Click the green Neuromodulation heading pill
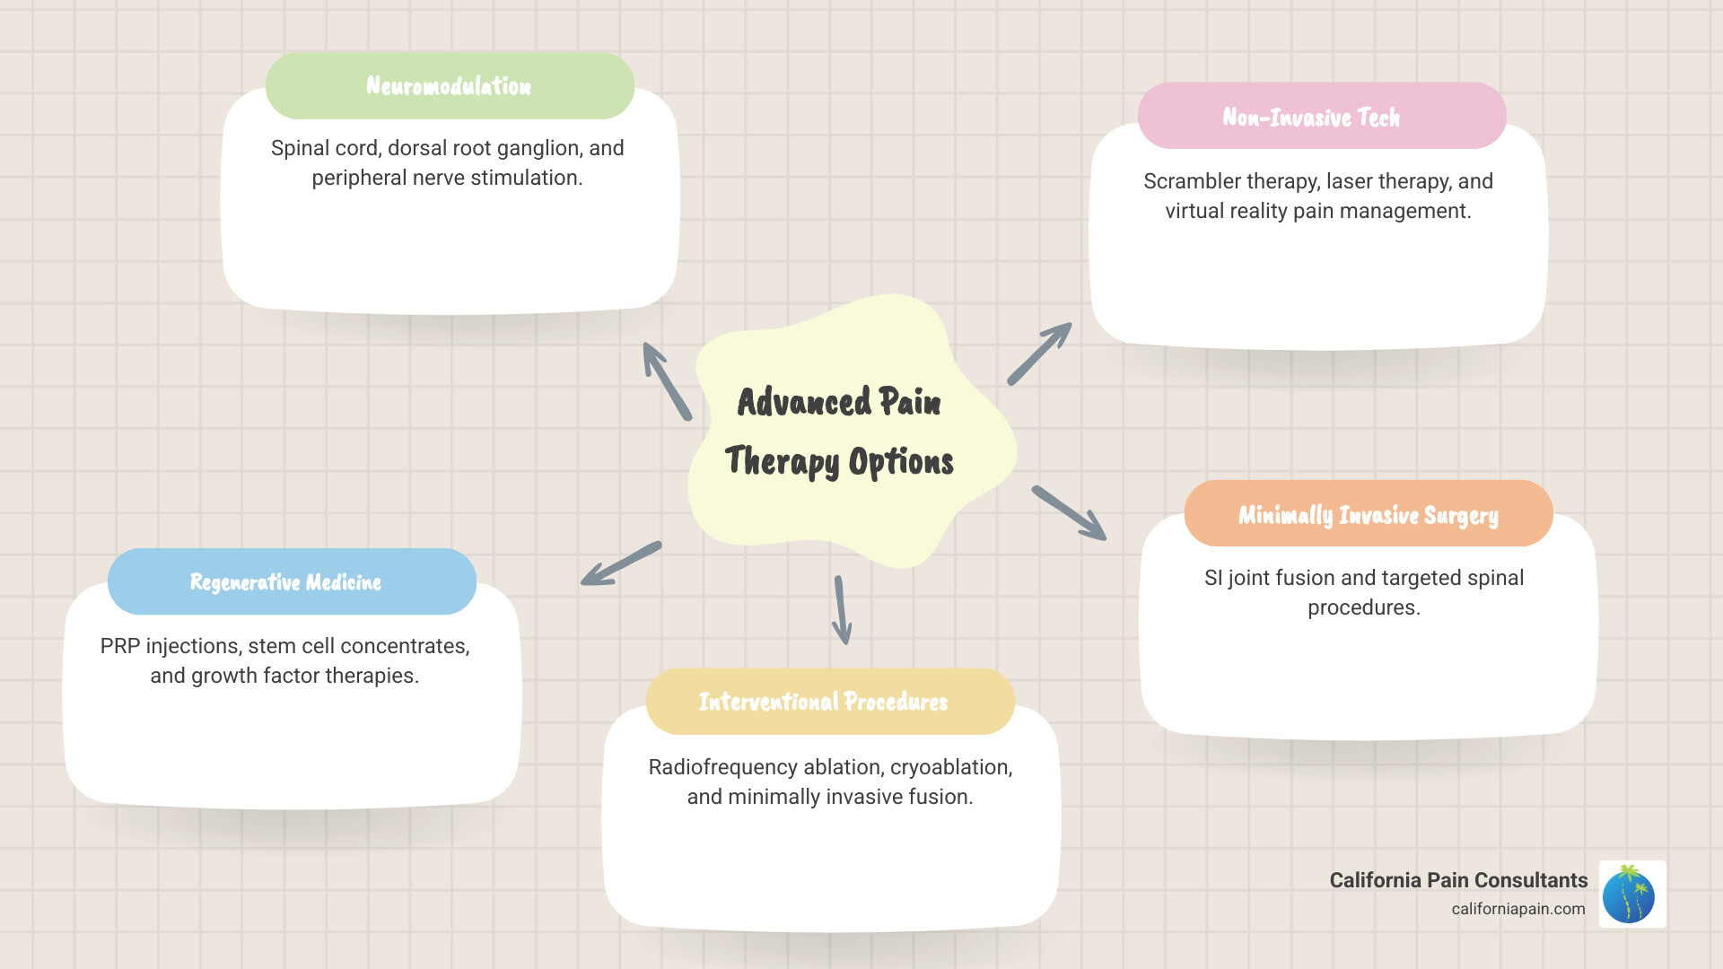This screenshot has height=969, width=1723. point(450,86)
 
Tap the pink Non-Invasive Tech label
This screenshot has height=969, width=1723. point(1321,117)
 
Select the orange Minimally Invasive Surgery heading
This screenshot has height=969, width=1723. point(1368,514)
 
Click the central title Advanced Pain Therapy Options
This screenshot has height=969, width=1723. point(840,432)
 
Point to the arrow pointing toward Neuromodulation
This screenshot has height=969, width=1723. point(667,380)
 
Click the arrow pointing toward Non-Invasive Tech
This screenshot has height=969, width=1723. point(1039,354)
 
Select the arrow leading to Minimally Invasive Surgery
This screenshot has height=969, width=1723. point(1069,513)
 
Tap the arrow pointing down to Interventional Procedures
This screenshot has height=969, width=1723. point(842,610)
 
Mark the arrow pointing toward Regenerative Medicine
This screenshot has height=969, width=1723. point(621,563)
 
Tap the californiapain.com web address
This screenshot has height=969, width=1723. point(1517,909)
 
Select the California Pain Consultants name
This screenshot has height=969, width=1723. point(1458,880)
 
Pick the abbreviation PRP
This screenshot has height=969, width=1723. point(119,646)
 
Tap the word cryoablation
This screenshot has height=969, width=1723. point(950,767)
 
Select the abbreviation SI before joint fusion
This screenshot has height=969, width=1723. point(1213,578)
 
